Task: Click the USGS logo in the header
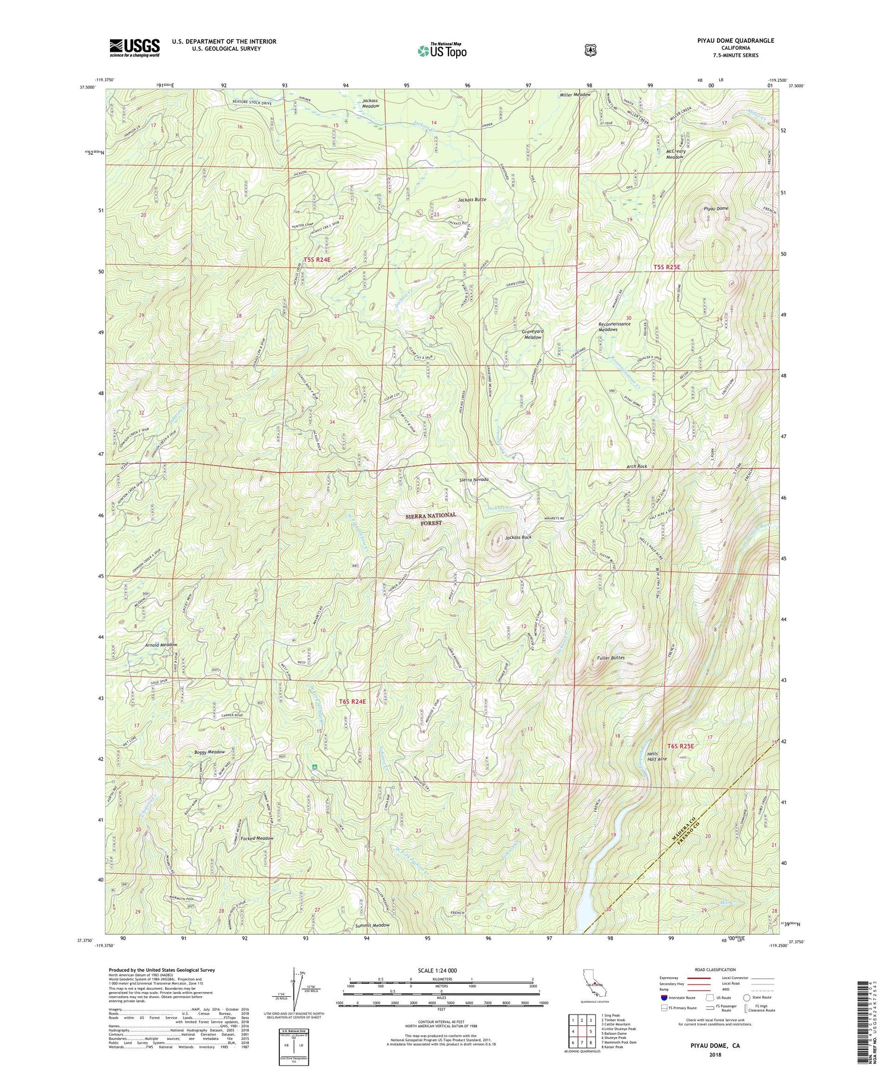point(134,47)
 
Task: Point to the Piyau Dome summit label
point(716,209)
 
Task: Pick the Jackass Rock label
point(518,538)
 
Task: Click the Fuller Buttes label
point(609,658)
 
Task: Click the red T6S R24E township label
point(352,702)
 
